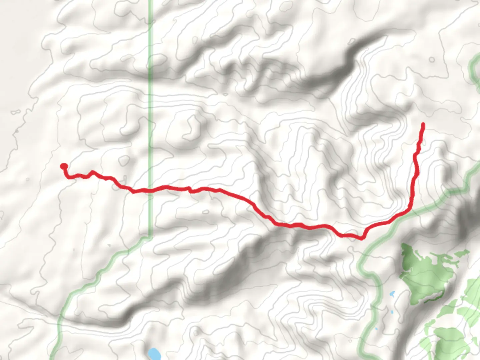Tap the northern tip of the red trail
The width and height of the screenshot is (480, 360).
[x=423, y=124]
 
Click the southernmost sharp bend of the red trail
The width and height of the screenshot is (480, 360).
[x=361, y=238]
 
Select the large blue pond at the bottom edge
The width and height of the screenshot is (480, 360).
[x=154, y=353]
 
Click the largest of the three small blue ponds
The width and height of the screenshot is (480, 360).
[x=392, y=294]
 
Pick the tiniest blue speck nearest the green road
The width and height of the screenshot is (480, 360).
[x=376, y=329]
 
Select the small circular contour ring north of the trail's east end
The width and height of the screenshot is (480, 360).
[x=432, y=60]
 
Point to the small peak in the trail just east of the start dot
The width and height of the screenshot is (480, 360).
[x=92, y=172]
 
